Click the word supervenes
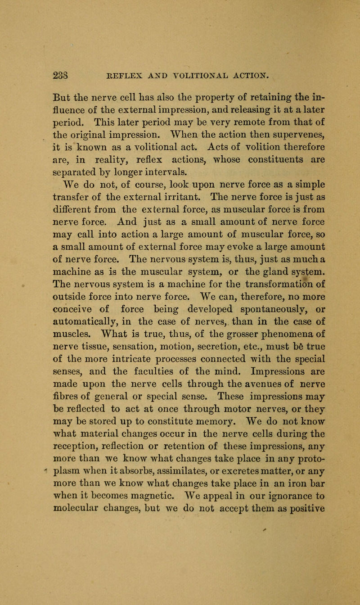coord(264,98)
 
